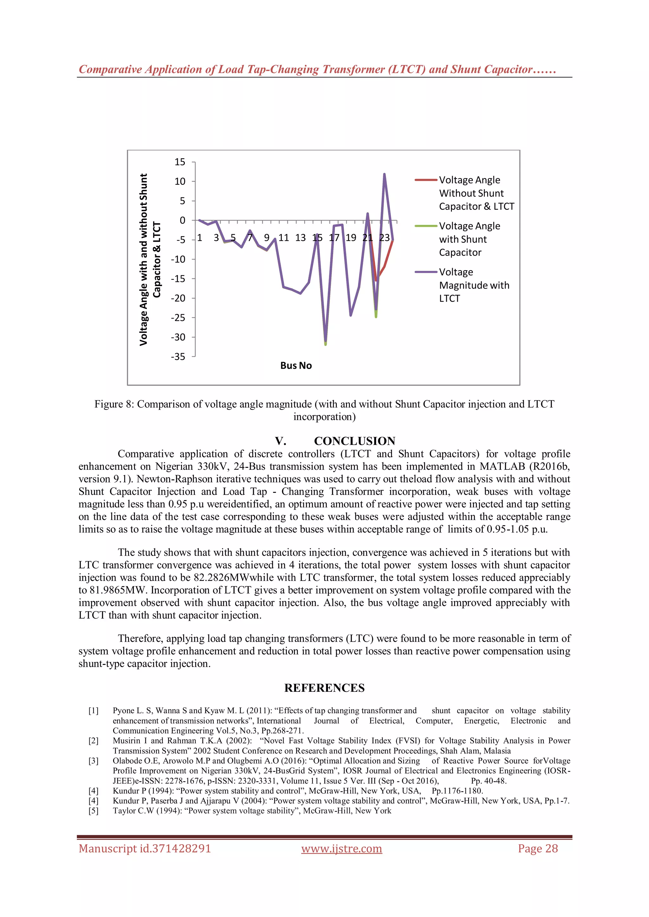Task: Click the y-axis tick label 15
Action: click(x=180, y=162)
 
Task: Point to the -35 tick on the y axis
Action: click(x=178, y=357)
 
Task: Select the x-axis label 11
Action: click(x=284, y=238)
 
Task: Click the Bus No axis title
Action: click(x=296, y=366)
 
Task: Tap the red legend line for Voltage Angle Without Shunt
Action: click(x=426, y=180)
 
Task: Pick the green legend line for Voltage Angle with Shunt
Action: click(x=426, y=226)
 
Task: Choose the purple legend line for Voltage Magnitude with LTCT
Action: click(x=426, y=272)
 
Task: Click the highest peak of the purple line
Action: click(x=384, y=174)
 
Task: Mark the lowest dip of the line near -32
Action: click(x=326, y=343)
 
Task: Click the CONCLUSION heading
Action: click(x=355, y=441)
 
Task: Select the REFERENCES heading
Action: click(x=324, y=688)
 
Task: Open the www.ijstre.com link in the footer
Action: click(x=342, y=849)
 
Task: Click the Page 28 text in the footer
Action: click(x=538, y=849)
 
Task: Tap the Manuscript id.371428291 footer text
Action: click(x=145, y=849)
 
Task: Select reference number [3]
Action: click(x=93, y=761)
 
